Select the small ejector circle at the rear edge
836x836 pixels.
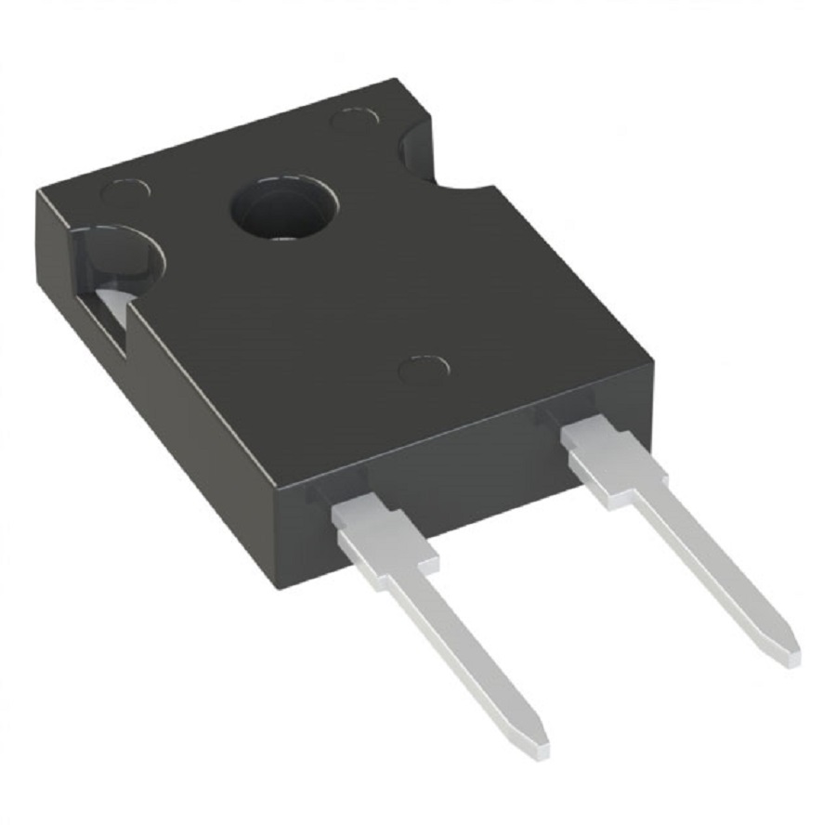[355, 120]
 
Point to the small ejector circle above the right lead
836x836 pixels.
[424, 369]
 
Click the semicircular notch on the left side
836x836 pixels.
[116, 255]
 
